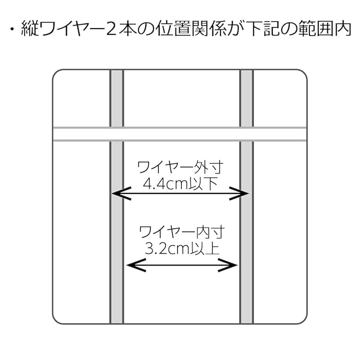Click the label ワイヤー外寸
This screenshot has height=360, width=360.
tap(180, 167)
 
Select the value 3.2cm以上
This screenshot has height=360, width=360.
tap(181, 248)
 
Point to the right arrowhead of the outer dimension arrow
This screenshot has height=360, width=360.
tap(245, 194)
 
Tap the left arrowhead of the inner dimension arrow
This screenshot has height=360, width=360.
tap(130, 265)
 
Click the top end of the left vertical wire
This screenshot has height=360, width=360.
tap(116, 72)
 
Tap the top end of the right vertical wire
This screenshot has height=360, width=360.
tap(246, 72)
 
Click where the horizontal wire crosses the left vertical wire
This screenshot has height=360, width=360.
tap(116, 134)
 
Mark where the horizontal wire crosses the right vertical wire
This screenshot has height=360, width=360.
tap(246, 134)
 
